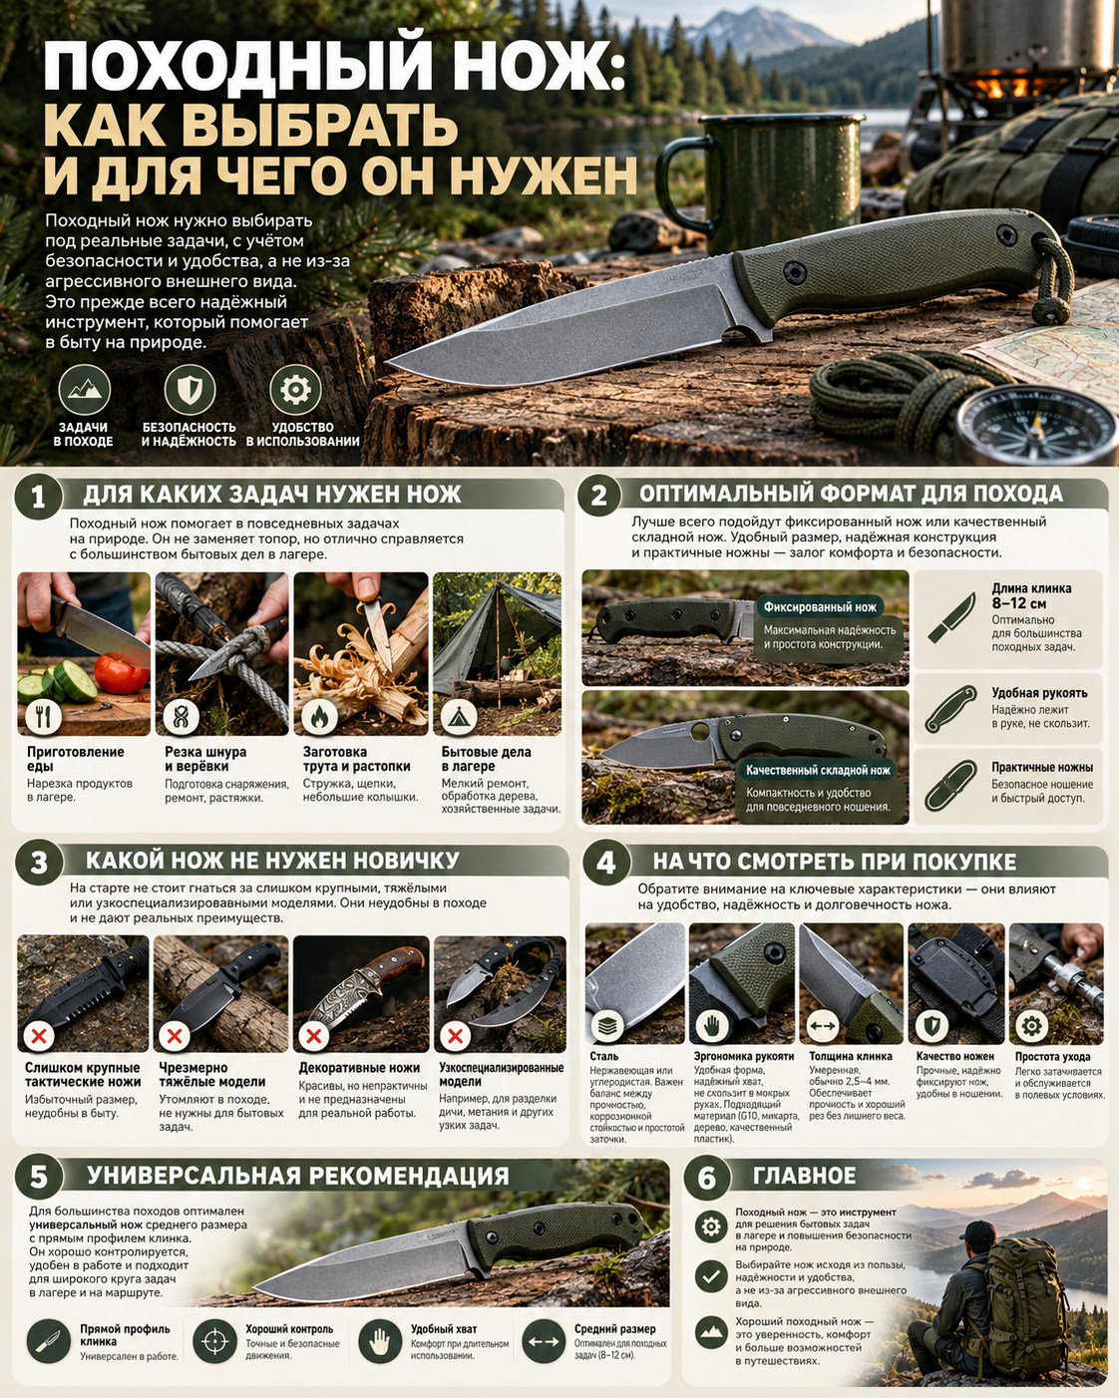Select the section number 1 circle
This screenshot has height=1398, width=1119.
pos(38,497)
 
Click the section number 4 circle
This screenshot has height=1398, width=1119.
pos(606,863)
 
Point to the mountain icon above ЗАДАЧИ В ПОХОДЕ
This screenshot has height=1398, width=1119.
pos(85,390)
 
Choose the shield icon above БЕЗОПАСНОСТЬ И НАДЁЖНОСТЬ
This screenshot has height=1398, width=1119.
pos(189,390)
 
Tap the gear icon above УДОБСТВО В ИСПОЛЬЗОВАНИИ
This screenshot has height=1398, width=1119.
pos(295,390)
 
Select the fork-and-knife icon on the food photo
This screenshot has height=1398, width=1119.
pos(44,717)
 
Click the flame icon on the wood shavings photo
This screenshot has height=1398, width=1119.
pos(319,717)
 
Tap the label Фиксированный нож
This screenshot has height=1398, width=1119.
pos(820,607)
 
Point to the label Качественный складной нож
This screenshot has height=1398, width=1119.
pos(818,771)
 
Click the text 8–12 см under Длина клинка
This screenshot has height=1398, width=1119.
pos(1018,603)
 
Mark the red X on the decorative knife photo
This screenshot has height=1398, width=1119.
pos(313,1036)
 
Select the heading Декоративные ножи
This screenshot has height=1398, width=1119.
pos(359,1068)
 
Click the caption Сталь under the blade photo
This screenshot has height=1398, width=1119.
pos(603,1056)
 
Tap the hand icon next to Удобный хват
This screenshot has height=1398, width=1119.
pos(380,1341)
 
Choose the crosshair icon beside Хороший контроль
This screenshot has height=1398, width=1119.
pos(214,1341)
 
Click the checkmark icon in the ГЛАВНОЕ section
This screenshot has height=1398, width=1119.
pos(711,1275)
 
